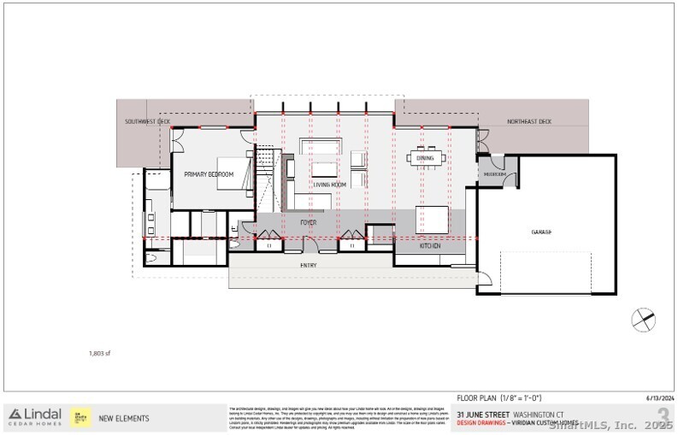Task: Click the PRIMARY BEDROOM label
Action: coord(209,174)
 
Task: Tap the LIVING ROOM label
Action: coord(328,184)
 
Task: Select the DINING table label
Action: coord(425,158)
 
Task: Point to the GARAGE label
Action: coord(541,232)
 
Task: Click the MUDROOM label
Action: coord(494,174)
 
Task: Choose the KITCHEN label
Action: coord(429,246)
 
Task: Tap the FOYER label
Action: coord(308,221)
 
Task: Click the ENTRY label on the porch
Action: coord(309,266)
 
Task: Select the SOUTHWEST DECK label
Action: coord(147,122)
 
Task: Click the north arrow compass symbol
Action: coord(643,320)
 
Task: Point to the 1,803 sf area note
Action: coord(100,352)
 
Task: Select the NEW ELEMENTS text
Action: coord(124,418)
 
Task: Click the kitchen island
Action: coord(433,219)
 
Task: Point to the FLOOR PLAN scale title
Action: coord(499,397)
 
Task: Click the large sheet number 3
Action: coord(663,417)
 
